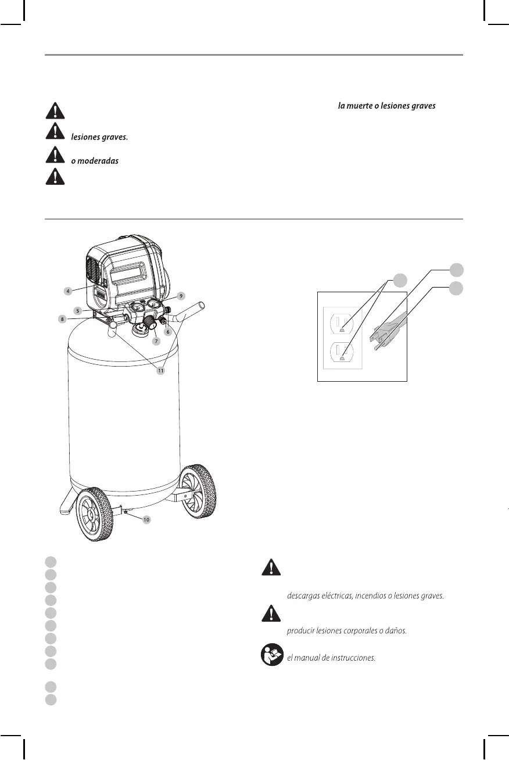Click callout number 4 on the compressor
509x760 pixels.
click(x=68, y=290)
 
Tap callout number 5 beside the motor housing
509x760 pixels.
click(x=77, y=310)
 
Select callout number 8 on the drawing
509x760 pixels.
click(x=62, y=319)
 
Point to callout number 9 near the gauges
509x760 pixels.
click(x=181, y=296)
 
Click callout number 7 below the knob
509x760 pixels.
click(x=156, y=341)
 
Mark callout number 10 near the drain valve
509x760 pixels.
click(x=146, y=519)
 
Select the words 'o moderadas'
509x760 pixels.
click(x=95, y=160)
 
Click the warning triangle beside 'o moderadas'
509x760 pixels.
click(x=55, y=155)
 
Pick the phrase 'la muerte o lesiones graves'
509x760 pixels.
click(x=386, y=106)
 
